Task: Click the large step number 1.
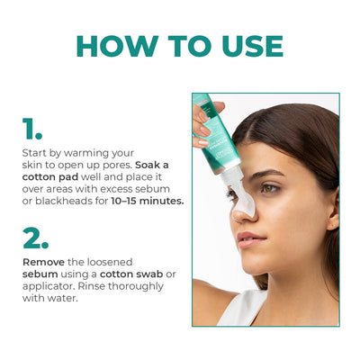pos(32,129)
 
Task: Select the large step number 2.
pos(35,238)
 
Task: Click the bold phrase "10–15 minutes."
pos(148,201)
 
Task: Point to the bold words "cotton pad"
pos(50,177)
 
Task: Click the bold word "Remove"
pos(43,262)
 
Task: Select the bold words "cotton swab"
pos(131,274)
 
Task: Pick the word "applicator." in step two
pos(49,286)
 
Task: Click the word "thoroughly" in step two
pos(136,286)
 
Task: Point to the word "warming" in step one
pos(86,153)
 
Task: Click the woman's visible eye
pos(270,188)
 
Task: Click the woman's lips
pos(249,238)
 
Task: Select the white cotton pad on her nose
pos(244,200)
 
